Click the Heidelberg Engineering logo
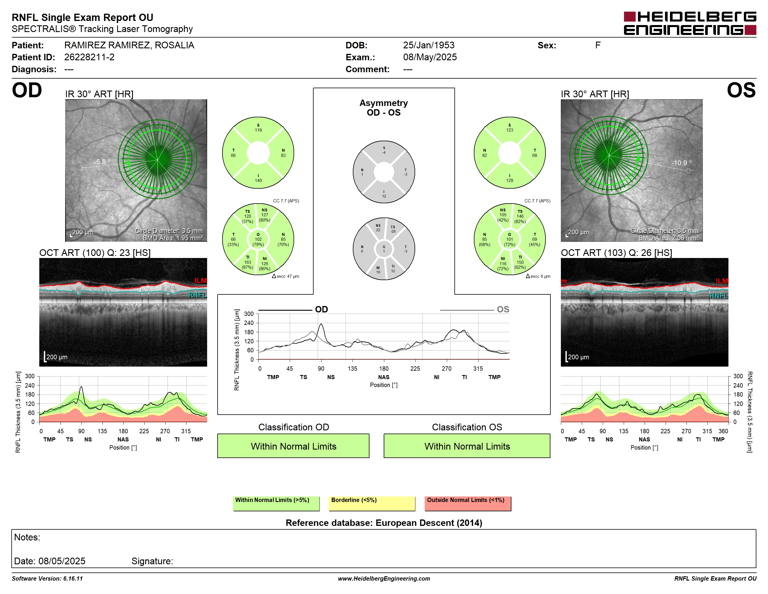[690, 23]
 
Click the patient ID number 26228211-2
[89, 57]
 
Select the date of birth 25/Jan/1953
[429, 45]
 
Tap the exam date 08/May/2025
[430, 57]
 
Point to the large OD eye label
[27, 91]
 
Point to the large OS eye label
[741, 91]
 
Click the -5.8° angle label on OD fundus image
[102, 162]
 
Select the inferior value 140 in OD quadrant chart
[258, 181]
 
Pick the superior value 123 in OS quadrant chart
[510, 130]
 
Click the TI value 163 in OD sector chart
[248, 262]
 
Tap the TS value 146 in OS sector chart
[520, 216]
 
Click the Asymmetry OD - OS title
[384, 108]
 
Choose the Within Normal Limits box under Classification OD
[293, 446]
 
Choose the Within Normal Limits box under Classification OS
[467, 446]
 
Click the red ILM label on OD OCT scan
[200, 280]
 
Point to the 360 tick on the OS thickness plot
[723, 431]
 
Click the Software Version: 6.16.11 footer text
[47, 579]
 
